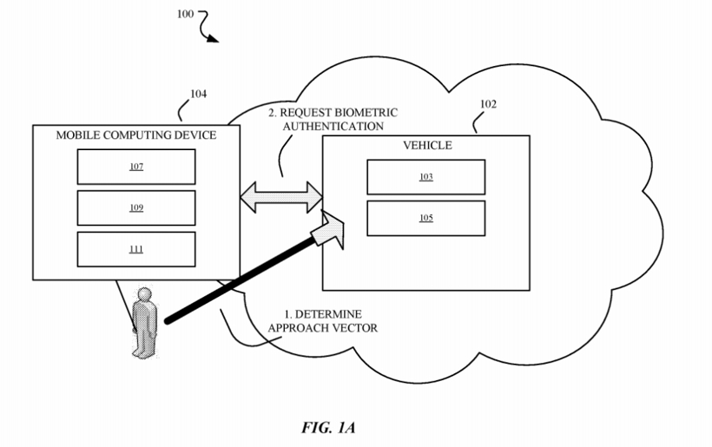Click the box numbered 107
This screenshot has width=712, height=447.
(136, 167)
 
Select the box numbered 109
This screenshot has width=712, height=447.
(136, 208)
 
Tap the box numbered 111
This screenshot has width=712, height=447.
(136, 249)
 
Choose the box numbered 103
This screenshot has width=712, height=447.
(425, 177)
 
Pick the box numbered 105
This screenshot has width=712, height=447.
(425, 218)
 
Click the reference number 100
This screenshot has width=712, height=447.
(185, 15)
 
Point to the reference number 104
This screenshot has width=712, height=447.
(198, 94)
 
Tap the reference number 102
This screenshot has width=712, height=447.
(488, 104)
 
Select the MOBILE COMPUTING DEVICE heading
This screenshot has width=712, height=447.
(136, 135)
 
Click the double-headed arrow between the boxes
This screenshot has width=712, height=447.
(281, 196)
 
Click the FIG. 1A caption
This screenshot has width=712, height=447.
(328, 427)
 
